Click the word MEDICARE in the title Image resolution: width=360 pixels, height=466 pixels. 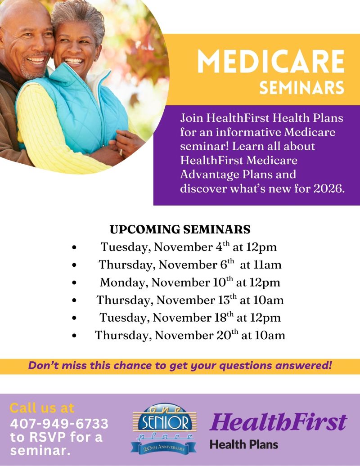tap(270, 62)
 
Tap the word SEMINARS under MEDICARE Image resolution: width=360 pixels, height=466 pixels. tap(301, 87)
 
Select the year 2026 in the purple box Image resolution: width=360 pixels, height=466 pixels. tap(328, 188)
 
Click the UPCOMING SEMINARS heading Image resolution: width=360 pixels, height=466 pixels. tap(180, 229)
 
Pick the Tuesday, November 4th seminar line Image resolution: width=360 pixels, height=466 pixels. tap(189, 247)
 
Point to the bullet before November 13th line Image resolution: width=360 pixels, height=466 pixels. tap(74, 300)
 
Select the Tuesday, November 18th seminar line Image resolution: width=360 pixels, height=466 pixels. tap(190, 318)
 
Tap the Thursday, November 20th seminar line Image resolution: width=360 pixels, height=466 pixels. tap(190, 335)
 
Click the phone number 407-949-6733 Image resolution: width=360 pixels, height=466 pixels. tap(59, 423)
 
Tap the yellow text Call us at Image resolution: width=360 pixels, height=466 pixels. tap(41, 408)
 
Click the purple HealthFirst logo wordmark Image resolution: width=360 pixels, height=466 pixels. tap(279, 422)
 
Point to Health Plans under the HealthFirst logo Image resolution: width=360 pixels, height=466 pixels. tap(243, 445)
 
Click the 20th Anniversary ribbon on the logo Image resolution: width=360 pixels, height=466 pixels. tap(164, 447)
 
